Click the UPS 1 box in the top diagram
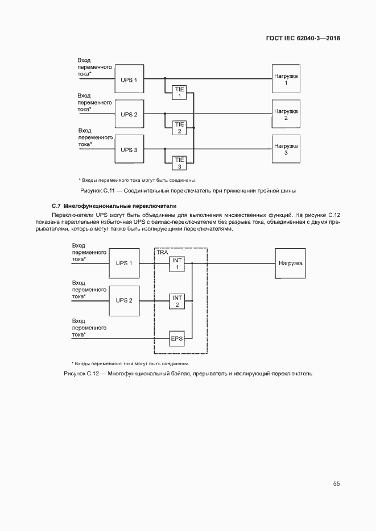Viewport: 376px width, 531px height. click(129, 80)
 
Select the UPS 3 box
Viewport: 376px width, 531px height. click(129, 150)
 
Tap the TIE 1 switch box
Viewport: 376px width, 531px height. click(179, 93)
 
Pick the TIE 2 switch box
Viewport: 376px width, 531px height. click(179, 128)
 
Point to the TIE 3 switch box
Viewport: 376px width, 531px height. click(179, 163)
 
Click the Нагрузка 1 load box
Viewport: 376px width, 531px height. click(286, 80)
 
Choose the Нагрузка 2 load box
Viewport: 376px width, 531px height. click(286, 115)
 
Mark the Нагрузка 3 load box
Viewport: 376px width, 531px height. click(286, 150)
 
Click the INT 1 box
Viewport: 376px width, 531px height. click(177, 264)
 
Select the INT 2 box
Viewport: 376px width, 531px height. click(177, 301)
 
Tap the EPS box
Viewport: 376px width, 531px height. click(177, 339)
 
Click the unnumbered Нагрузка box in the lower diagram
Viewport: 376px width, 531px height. click(291, 264)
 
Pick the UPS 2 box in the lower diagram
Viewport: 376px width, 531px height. click(124, 300)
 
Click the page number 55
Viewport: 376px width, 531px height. click(336, 484)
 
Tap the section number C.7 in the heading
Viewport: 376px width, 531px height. click(56, 205)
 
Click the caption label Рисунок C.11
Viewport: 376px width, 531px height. click(97, 190)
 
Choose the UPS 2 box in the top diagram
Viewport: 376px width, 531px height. click(129, 115)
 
